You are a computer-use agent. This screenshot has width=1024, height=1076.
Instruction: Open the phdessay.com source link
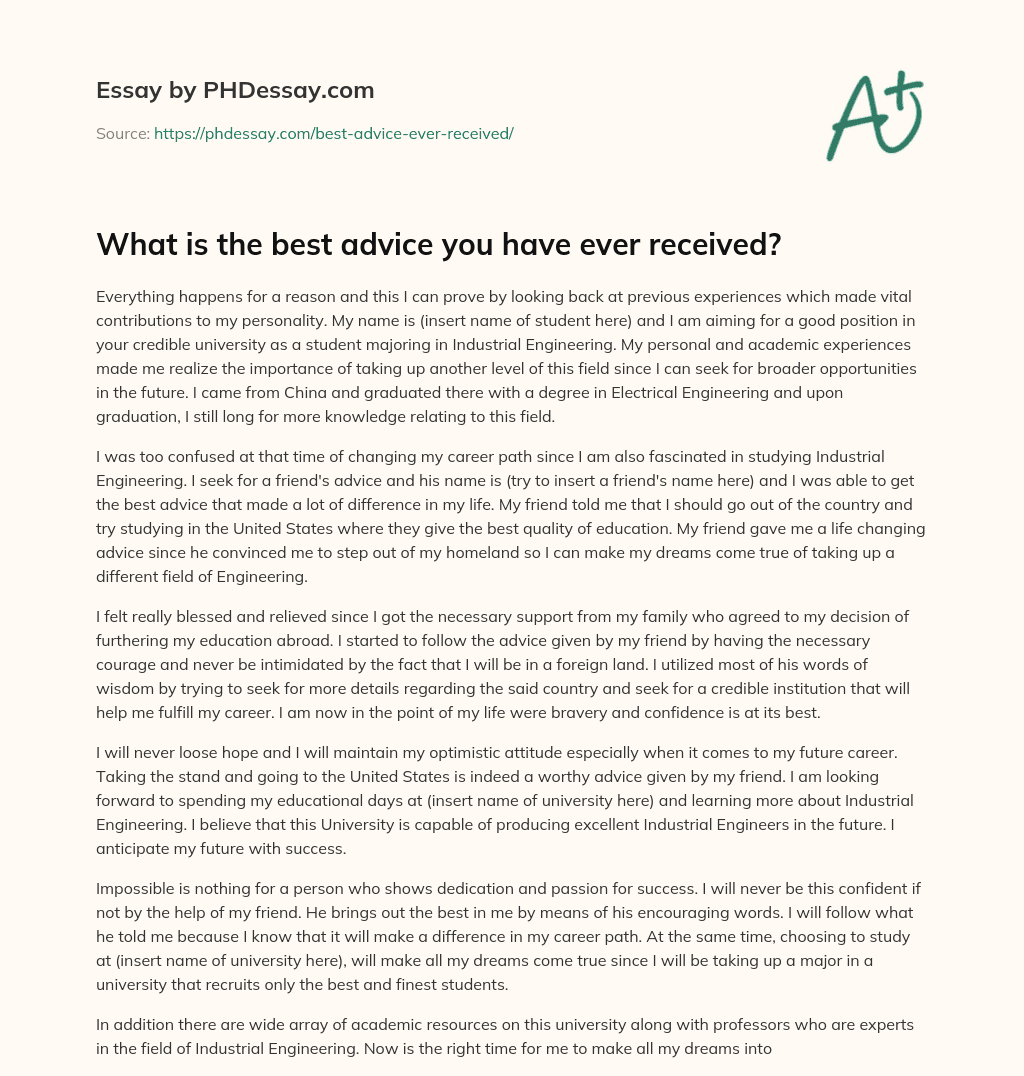click(333, 133)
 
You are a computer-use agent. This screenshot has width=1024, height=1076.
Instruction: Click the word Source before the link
click(122, 133)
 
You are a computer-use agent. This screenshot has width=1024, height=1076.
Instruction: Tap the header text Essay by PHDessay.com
click(235, 91)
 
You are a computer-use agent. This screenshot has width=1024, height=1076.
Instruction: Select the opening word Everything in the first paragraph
click(136, 297)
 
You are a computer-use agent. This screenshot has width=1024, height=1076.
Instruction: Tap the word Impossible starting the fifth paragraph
click(137, 890)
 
